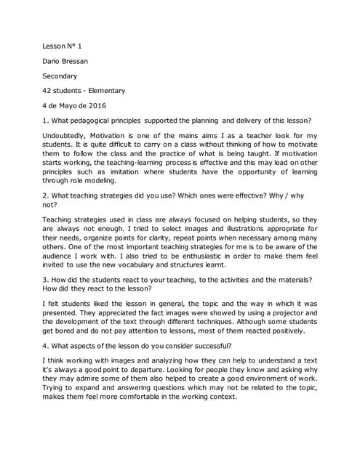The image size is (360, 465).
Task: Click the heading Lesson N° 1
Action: tap(62, 45)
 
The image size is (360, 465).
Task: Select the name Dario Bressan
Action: tap(70, 60)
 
